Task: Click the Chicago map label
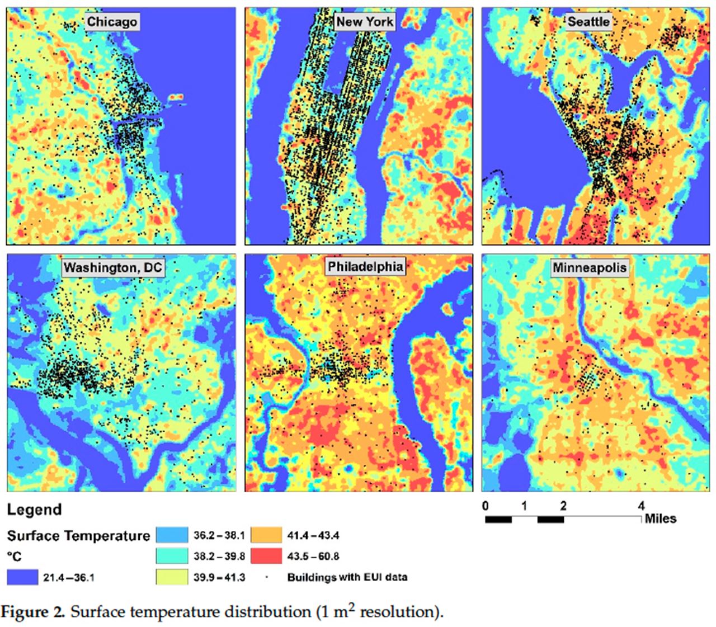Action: (112, 22)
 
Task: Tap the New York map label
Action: (365, 22)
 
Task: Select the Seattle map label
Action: (588, 22)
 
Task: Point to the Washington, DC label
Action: (112, 267)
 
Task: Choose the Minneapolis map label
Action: (590, 267)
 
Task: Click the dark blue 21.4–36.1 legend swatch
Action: (22, 577)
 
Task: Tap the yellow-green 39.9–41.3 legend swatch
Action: (171, 577)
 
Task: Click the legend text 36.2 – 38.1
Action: (219, 535)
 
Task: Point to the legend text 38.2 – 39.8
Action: (219, 557)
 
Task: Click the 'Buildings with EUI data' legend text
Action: (347, 577)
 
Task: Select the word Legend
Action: (34, 510)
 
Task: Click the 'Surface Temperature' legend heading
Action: (78, 536)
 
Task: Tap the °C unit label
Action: (15, 557)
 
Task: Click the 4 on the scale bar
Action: (641, 506)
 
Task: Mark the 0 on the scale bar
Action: (485, 506)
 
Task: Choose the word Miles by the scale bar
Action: (661, 518)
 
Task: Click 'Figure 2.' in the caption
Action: (33, 612)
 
